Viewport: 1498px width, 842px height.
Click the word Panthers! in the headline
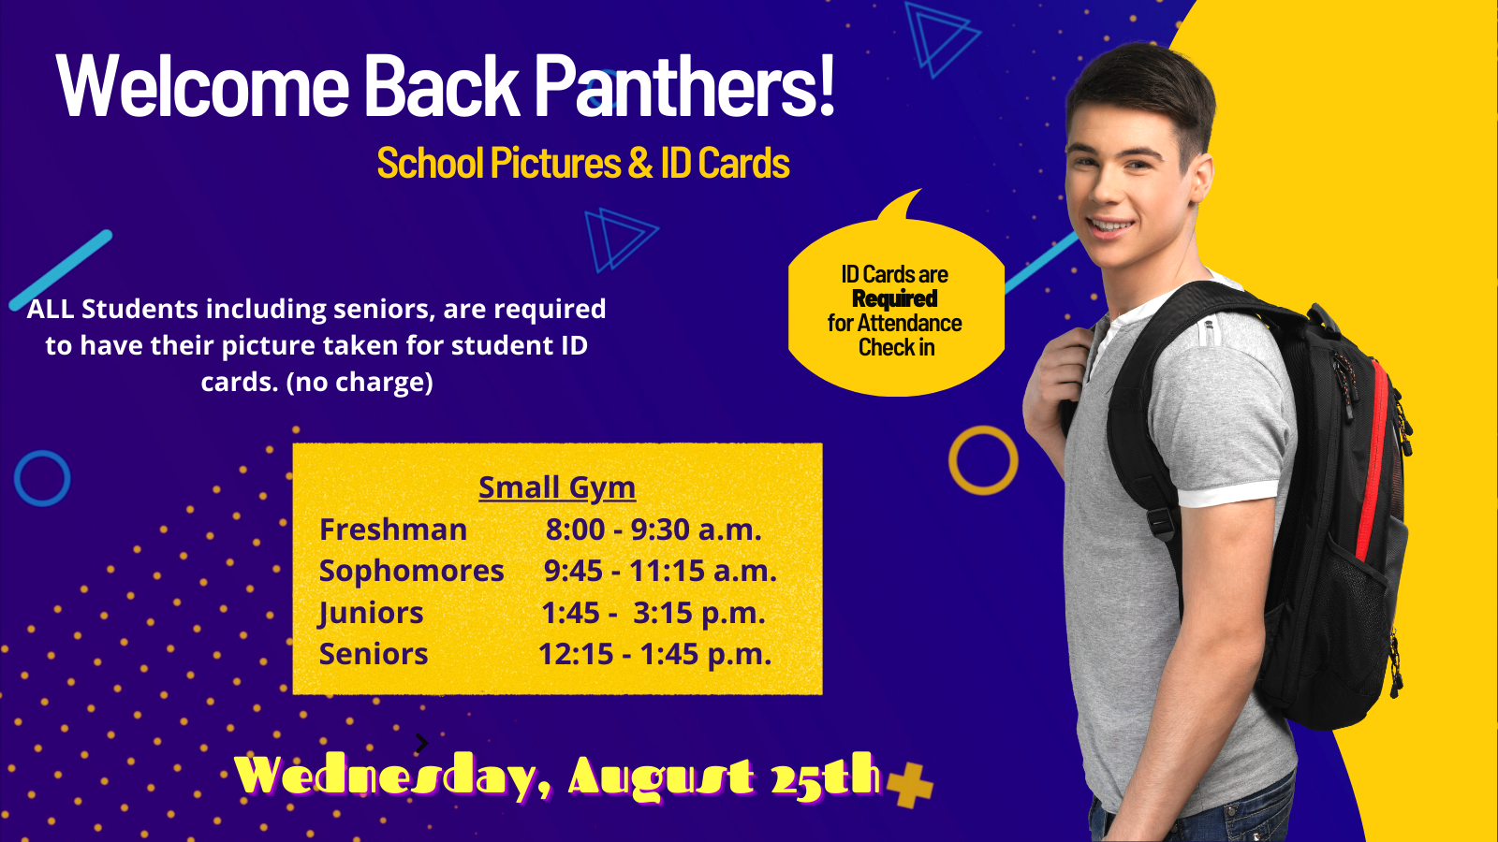coord(684,85)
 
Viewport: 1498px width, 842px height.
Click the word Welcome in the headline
coord(202,85)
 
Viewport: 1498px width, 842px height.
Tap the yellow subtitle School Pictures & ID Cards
coord(583,163)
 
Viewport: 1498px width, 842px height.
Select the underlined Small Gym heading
coord(557,487)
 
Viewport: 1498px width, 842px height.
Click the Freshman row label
coord(393,530)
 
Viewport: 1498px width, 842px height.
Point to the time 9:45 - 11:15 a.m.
coord(660,571)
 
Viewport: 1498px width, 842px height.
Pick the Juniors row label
coord(371,613)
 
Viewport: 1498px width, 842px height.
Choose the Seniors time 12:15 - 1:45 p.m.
coord(654,654)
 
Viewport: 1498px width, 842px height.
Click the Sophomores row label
coord(411,571)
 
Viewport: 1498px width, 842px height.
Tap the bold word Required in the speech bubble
coord(895,298)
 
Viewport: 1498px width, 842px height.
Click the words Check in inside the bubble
coord(896,347)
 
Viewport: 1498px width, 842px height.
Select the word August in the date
coord(661,777)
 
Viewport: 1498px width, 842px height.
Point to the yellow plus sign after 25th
coord(909,785)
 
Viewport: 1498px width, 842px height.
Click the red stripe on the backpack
coord(1376,455)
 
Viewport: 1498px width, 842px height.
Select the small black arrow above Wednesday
coord(421,743)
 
